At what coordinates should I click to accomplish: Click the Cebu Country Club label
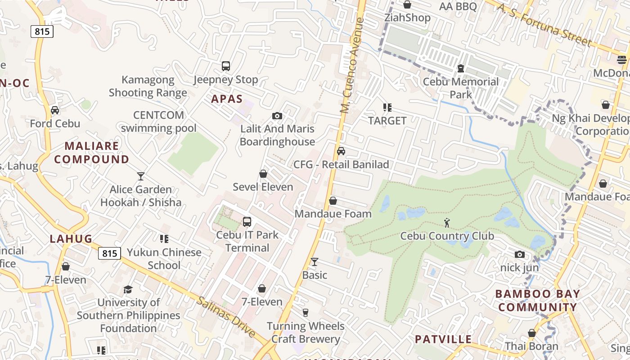(x=447, y=236)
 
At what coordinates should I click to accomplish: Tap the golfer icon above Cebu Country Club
(x=447, y=222)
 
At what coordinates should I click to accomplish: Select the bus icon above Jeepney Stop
(x=226, y=66)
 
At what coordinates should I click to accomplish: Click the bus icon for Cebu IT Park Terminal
(x=247, y=221)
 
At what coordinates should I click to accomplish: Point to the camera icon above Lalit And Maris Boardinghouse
(x=277, y=116)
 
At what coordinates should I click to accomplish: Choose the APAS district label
(x=227, y=99)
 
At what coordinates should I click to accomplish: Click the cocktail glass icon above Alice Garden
(x=141, y=176)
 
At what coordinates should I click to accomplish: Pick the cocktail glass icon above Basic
(x=315, y=261)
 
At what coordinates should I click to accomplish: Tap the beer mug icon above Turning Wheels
(x=306, y=313)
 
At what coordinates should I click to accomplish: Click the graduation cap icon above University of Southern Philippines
(x=128, y=289)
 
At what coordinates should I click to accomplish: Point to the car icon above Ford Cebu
(x=55, y=110)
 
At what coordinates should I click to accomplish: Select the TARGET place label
(x=387, y=121)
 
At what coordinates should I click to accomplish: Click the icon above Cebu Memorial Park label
(x=461, y=68)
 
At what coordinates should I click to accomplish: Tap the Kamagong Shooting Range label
(x=148, y=86)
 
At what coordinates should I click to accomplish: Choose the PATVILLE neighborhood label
(x=443, y=339)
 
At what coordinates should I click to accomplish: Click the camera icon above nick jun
(x=520, y=255)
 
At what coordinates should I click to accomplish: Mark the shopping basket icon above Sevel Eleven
(x=263, y=174)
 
